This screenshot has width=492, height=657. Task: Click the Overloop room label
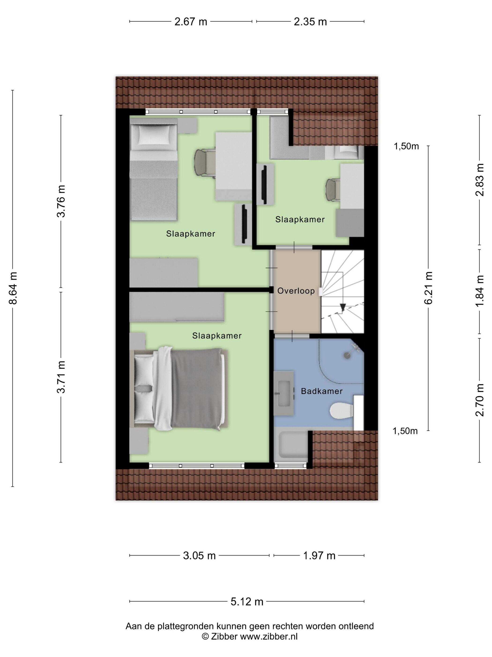(296, 291)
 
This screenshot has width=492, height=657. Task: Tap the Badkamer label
(321, 391)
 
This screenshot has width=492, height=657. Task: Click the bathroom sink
(283, 393)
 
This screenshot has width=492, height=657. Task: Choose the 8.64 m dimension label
(13, 288)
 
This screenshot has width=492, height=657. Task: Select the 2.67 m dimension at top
(191, 22)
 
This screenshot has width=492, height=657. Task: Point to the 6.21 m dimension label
(429, 288)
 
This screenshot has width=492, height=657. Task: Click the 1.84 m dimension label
(480, 291)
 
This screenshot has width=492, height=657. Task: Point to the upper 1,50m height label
(406, 146)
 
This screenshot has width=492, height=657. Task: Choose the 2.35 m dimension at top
(310, 22)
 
